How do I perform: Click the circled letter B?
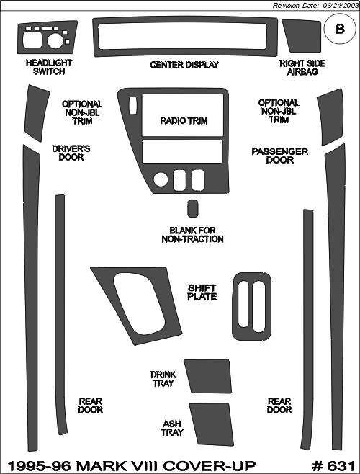point(340,29)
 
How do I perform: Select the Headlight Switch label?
point(49,67)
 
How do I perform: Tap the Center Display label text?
point(184,65)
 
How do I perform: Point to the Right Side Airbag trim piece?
point(302,36)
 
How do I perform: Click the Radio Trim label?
point(184,121)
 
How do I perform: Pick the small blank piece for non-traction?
point(192,208)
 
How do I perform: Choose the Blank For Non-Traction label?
point(192,235)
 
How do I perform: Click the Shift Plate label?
point(202,292)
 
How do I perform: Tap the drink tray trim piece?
point(208,376)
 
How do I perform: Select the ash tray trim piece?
point(212,424)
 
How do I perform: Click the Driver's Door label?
point(71,153)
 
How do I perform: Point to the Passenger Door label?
point(280,156)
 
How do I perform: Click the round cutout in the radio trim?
point(161,180)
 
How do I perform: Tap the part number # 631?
point(333,466)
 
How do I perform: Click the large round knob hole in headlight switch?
point(55,41)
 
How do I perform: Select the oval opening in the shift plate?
point(140,303)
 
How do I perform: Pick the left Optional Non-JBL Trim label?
point(82,113)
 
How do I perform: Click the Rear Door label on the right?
point(279,406)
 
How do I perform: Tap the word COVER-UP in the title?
point(209,466)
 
